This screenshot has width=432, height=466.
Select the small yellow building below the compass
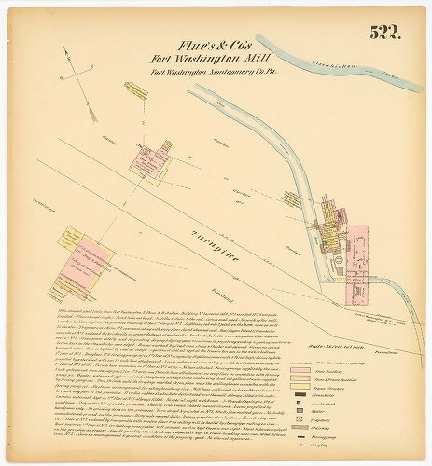[136, 90]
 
